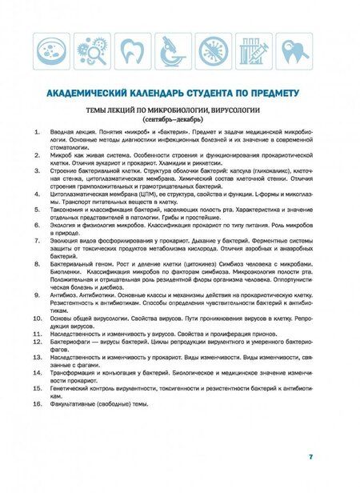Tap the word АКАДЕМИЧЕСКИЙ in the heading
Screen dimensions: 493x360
coord(83,93)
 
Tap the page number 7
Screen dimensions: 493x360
coord(310,456)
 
